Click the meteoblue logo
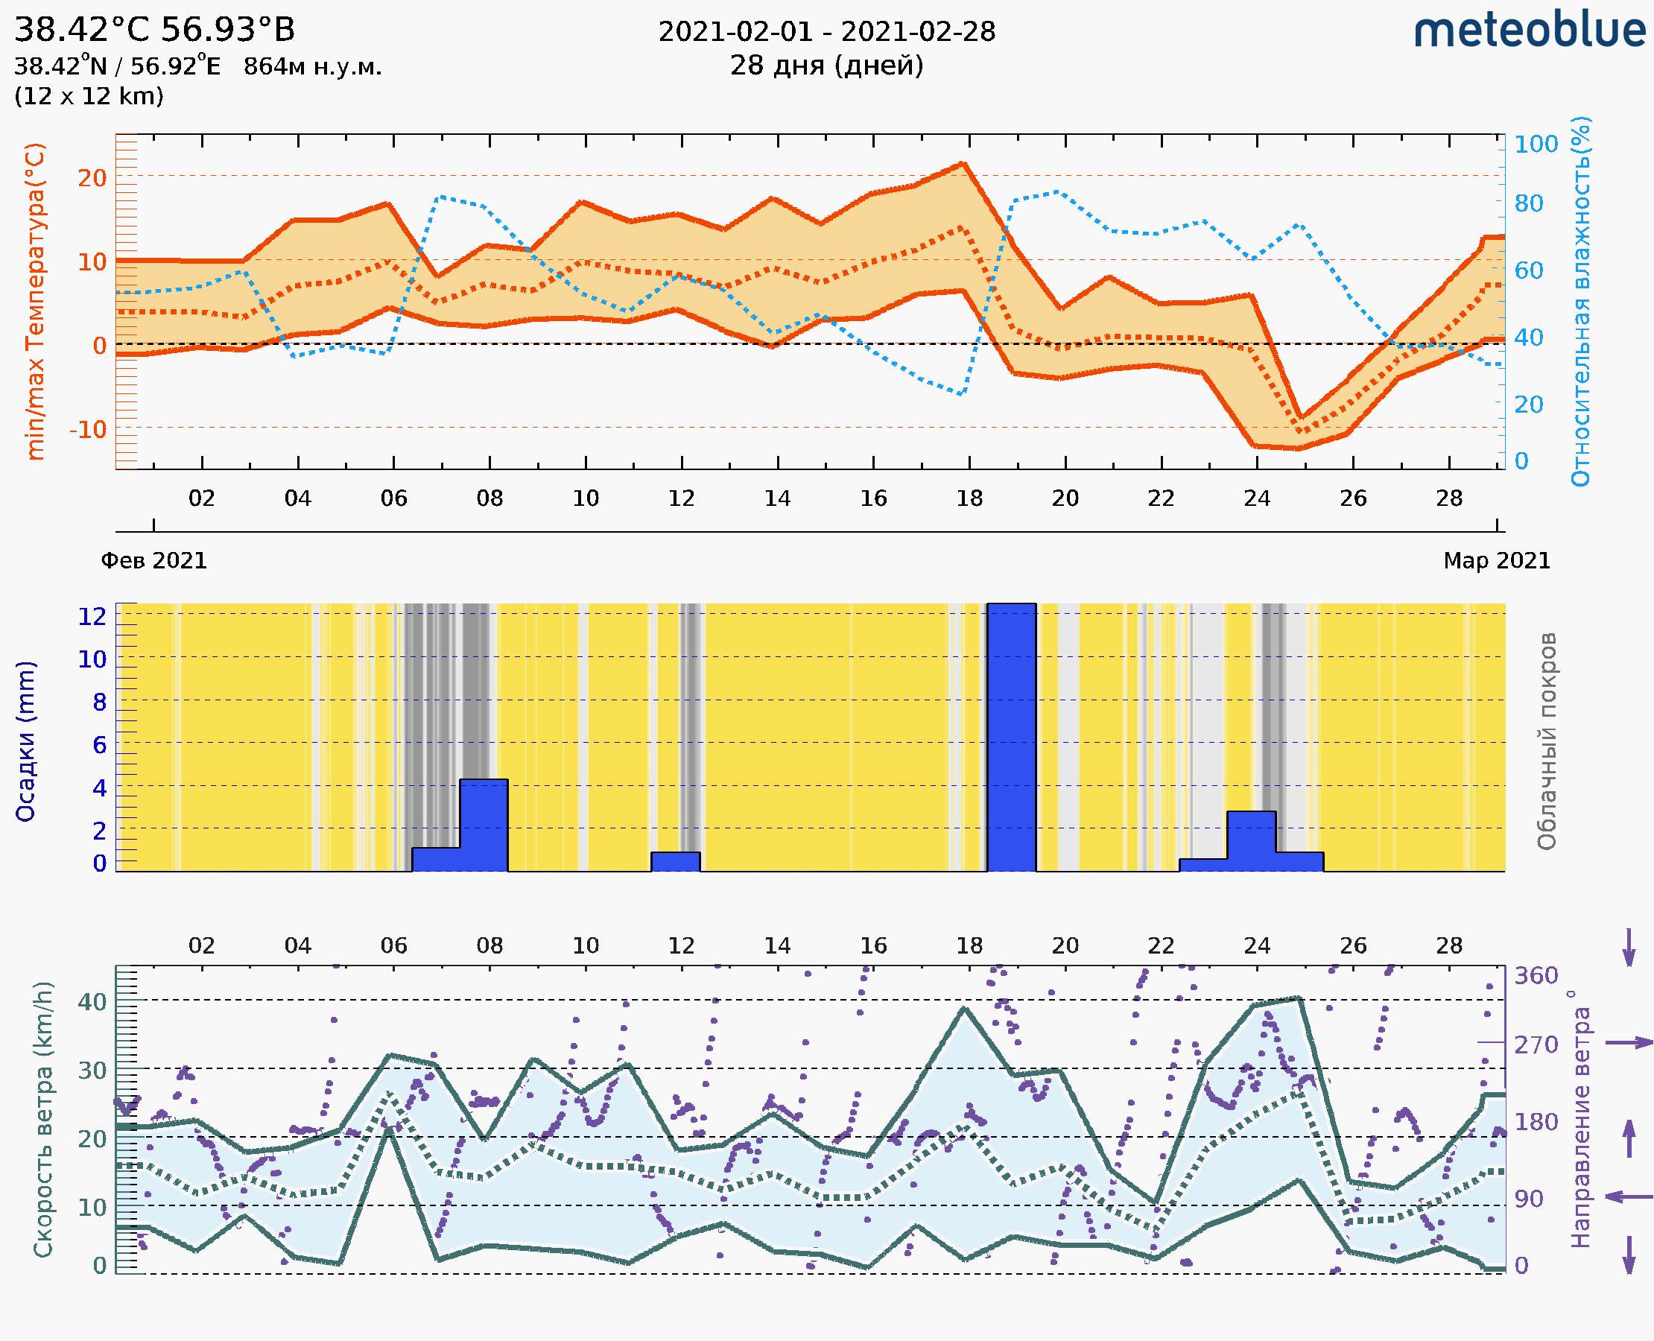[1529, 31]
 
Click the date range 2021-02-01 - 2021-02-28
[826, 32]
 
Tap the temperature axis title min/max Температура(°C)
[36, 301]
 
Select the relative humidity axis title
[1580, 301]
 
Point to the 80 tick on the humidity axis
[1528, 204]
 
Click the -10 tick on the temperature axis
[88, 429]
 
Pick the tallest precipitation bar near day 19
[1011, 737]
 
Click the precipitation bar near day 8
[484, 824]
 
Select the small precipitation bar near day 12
[675, 861]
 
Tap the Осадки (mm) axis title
[25, 741]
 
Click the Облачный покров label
[1547, 741]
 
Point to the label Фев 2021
[153, 561]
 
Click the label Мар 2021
[1496, 561]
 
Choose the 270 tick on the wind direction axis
[1535, 1045]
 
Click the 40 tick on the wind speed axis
[92, 1002]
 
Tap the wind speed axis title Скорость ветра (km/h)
[43, 1119]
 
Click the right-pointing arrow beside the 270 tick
[1629, 1043]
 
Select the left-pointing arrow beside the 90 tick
[1629, 1196]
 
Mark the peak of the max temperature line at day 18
[963, 164]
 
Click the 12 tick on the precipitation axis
[92, 616]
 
